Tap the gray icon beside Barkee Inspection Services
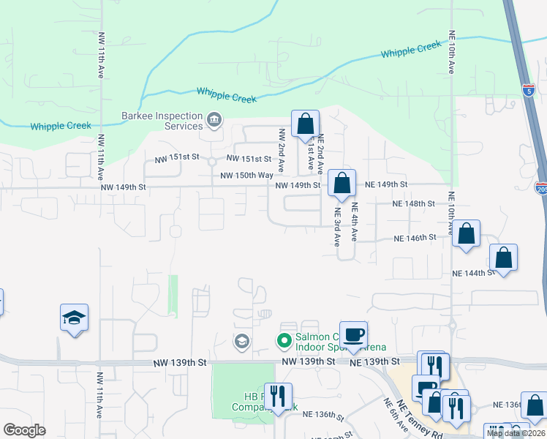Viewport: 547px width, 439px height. [214, 119]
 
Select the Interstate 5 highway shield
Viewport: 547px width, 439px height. [529, 90]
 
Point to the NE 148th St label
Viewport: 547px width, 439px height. [414, 203]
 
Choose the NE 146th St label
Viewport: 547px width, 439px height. [415, 238]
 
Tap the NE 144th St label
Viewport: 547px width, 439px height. [473, 273]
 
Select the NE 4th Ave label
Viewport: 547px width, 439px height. [354, 222]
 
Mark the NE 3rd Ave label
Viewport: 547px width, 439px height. [338, 228]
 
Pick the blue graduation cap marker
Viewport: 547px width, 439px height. [74, 318]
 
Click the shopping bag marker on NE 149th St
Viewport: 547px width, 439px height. [341, 184]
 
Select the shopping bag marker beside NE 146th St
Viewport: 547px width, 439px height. [466, 235]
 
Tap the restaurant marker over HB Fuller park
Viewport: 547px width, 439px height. [278, 397]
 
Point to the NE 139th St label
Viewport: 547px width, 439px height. [375, 361]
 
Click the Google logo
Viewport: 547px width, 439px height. [25, 430]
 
